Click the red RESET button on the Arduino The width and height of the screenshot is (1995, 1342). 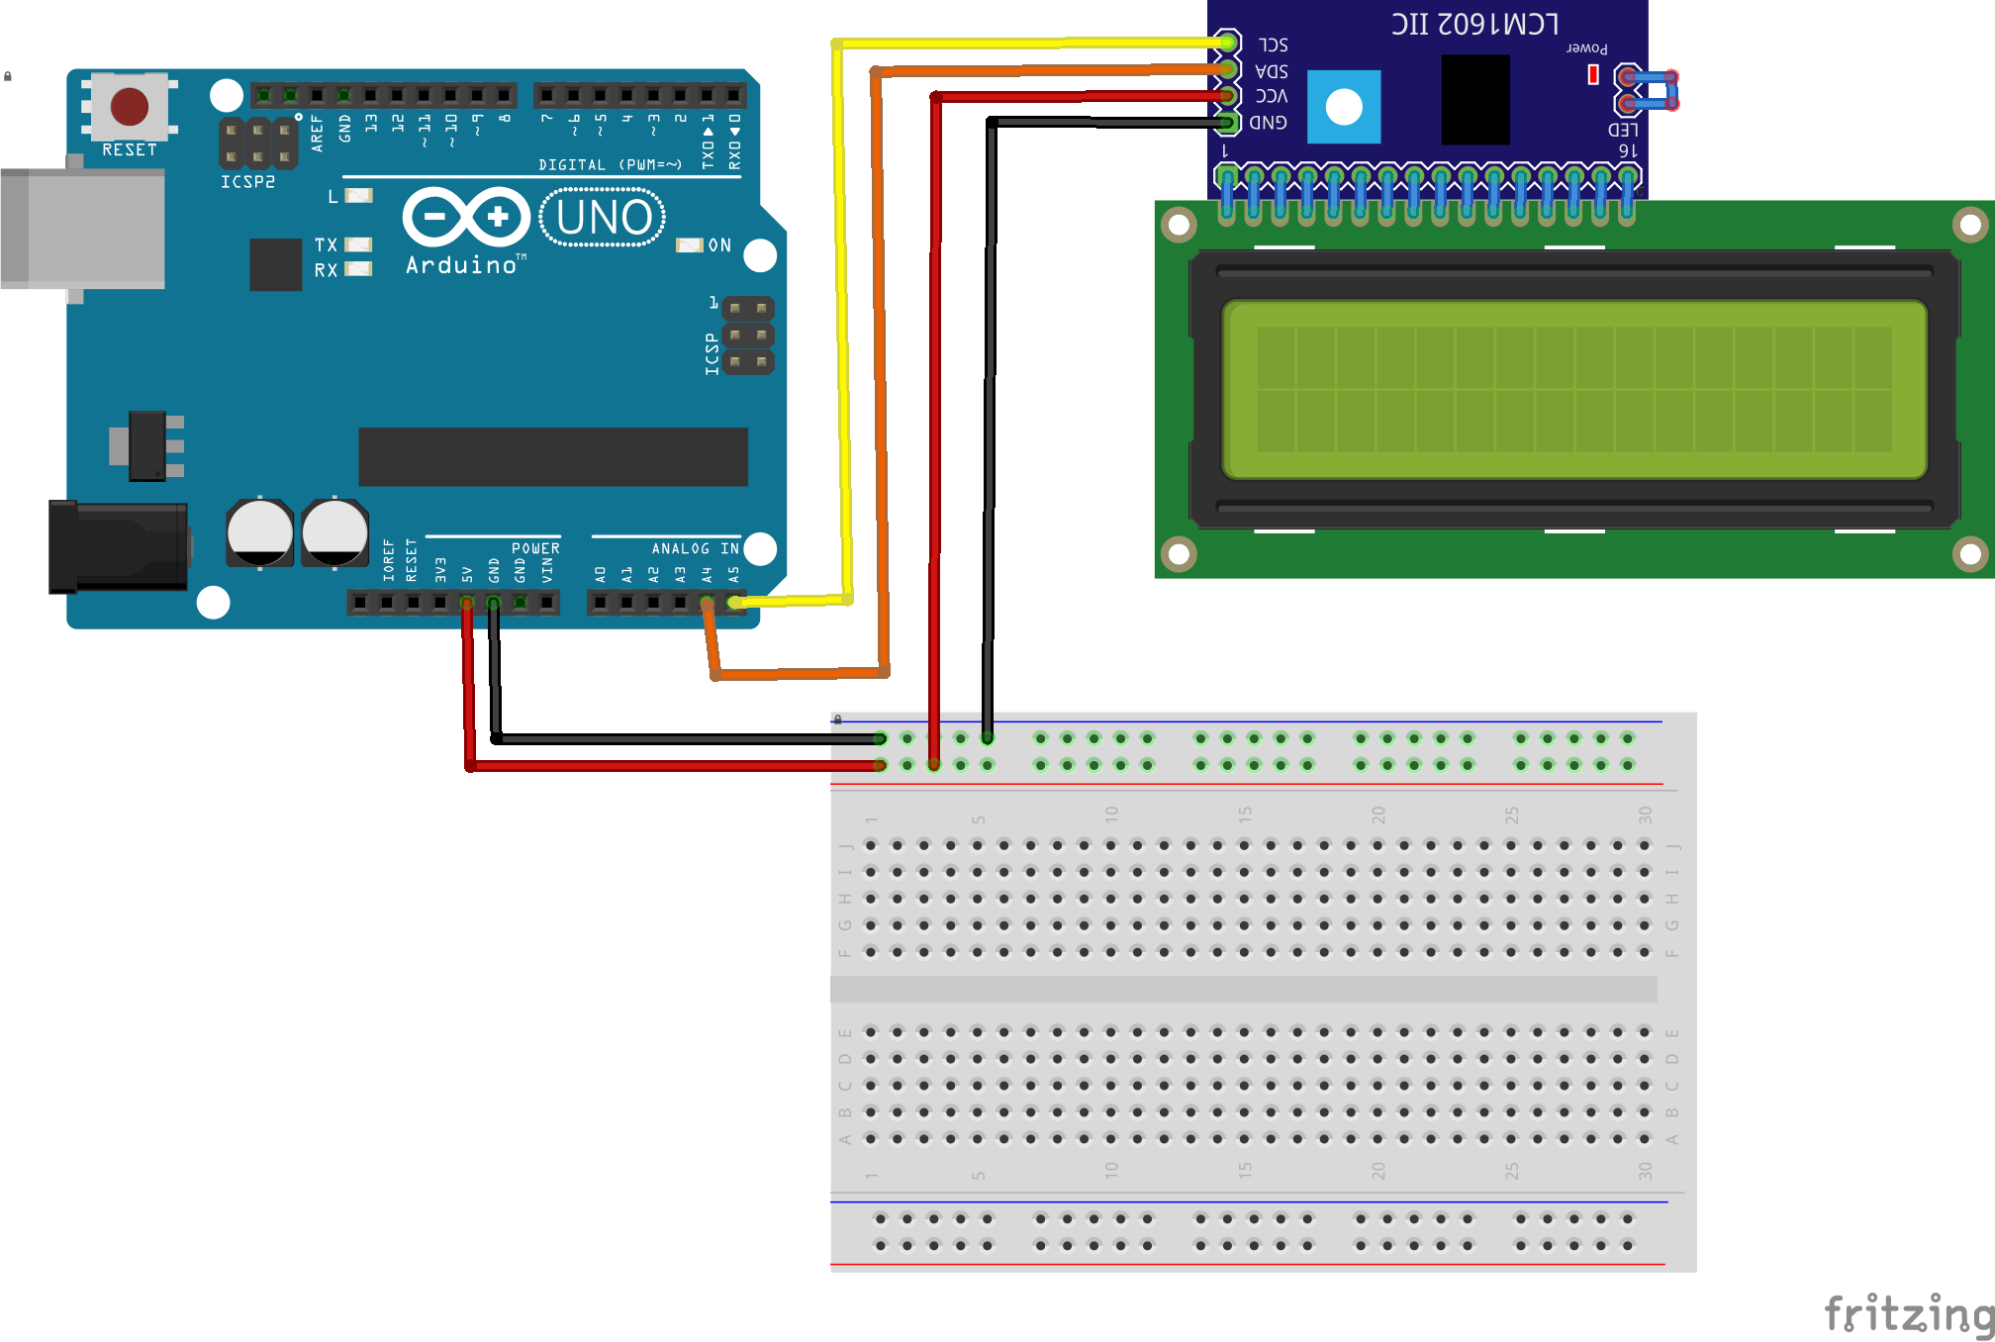pyautogui.click(x=130, y=106)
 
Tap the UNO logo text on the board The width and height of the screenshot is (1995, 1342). pyautogui.click(x=603, y=218)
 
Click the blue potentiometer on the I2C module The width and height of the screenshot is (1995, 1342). pyautogui.click(x=1344, y=106)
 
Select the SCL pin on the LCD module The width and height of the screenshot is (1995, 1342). pyautogui.click(x=1227, y=43)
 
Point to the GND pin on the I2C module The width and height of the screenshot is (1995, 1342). pyautogui.click(x=1227, y=123)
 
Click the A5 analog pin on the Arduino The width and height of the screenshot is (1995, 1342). pyautogui.click(x=733, y=602)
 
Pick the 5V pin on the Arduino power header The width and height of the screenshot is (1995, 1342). pyautogui.click(x=466, y=602)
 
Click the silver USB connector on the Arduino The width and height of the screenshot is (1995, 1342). pyautogui.click(x=84, y=229)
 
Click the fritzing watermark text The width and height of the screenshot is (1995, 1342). pyautogui.click(x=1908, y=1314)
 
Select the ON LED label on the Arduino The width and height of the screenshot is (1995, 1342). pyautogui.click(x=718, y=245)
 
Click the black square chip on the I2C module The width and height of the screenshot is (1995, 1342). pyautogui.click(x=1475, y=99)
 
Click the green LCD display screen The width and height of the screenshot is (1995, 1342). pyautogui.click(x=1573, y=390)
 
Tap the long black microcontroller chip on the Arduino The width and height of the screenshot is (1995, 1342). pyautogui.click(x=552, y=456)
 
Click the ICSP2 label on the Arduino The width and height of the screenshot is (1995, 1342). pyautogui.click(x=247, y=182)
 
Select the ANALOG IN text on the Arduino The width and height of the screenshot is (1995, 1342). pyautogui.click(x=695, y=548)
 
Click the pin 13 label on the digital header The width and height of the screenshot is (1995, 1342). pyautogui.click(x=371, y=124)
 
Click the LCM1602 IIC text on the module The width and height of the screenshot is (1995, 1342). pyautogui.click(x=1474, y=24)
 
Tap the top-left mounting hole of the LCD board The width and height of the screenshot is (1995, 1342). pyautogui.click(x=1179, y=225)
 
